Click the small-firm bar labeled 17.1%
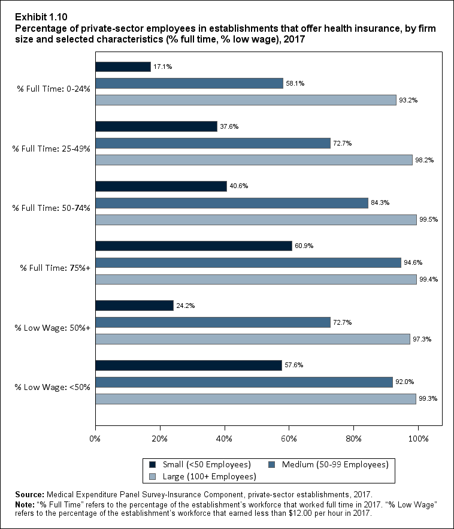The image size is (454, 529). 123,66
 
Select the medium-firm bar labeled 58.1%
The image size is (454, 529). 189,83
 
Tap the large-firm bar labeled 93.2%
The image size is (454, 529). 246,100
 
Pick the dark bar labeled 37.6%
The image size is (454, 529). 156,126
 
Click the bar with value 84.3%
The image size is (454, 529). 231,203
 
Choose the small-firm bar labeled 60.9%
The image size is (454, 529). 193,246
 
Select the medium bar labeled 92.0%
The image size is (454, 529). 244,382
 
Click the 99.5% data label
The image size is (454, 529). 429,220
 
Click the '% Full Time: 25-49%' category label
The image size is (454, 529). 52,149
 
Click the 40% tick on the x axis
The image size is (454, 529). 225,439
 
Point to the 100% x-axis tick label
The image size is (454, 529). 418,439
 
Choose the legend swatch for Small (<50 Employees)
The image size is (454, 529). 153,464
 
